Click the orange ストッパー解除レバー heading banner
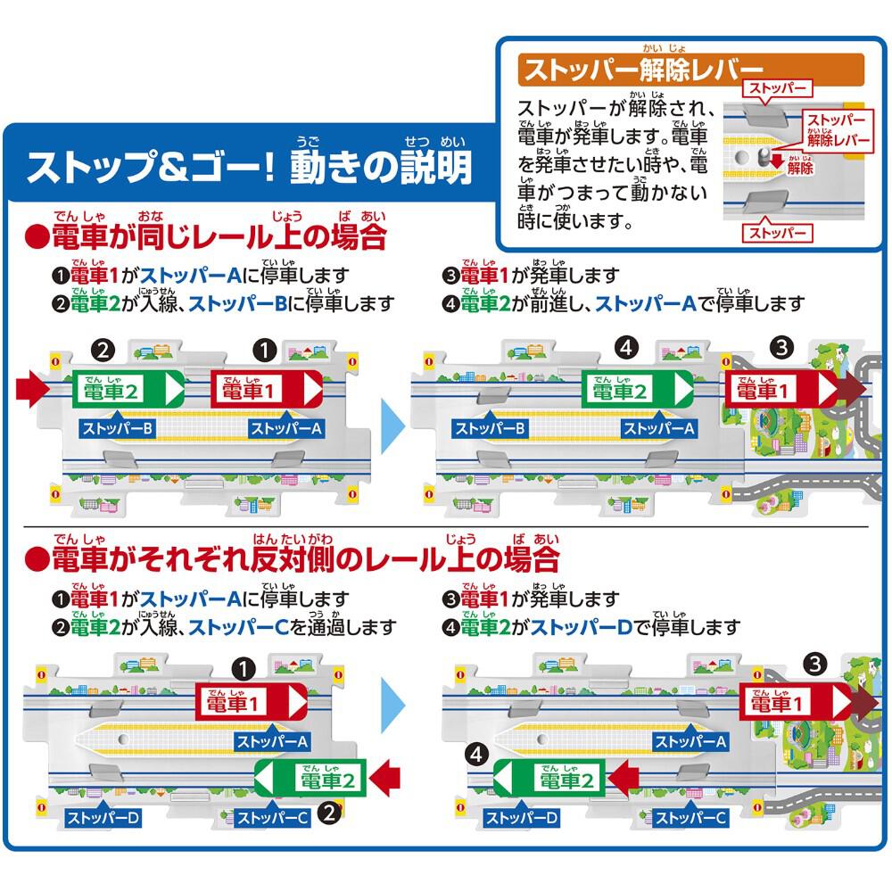click(690, 70)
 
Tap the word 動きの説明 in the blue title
click(381, 168)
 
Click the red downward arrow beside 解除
click(777, 161)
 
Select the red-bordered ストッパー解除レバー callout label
click(838, 130)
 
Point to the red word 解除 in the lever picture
click(800, 168)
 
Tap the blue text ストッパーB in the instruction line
click(238, 304)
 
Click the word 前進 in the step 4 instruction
click(549, 304)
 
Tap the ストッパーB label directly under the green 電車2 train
click(118, 428)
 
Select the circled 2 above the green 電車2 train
click(103, 351)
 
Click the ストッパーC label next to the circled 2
click(272, 817)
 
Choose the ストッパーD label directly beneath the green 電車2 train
click(521, 817)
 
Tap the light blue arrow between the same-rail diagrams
click(392, 425)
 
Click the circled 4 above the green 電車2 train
click(626, 347)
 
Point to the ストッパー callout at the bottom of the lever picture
click(777, 232)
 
